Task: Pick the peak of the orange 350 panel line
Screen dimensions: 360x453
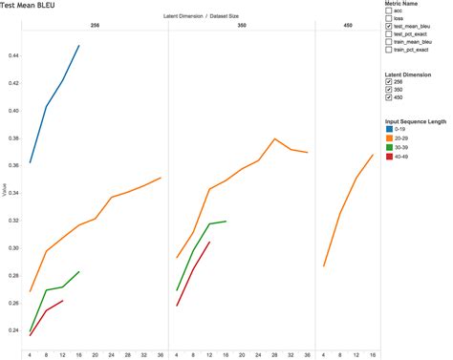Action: [275, 139]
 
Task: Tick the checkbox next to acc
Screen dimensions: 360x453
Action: [390, 11]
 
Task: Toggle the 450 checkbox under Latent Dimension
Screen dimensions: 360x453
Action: [390, 97]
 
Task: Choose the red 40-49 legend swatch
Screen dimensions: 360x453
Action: [390, 156]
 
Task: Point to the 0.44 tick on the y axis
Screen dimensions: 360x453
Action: [11, 56]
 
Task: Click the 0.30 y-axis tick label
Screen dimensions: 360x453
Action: [11, 248]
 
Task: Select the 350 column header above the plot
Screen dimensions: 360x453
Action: [241, 24]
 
